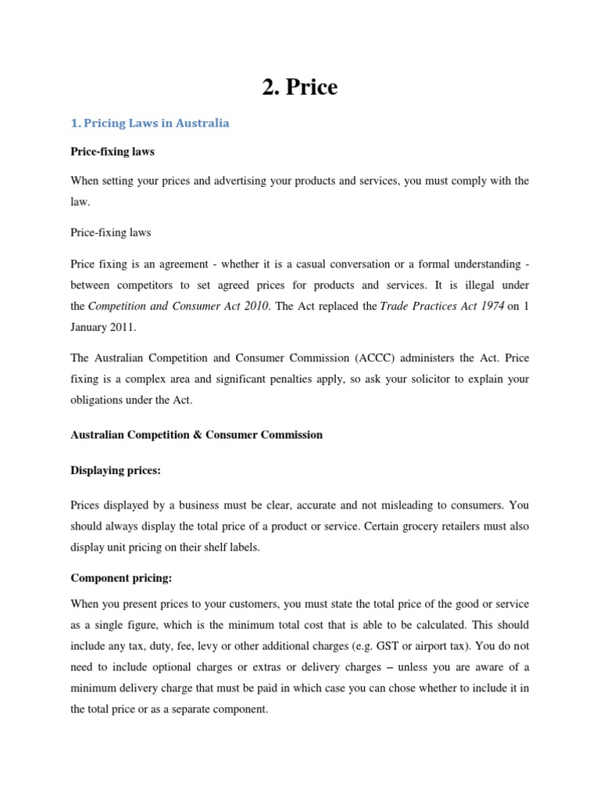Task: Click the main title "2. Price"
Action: tap(300, 88)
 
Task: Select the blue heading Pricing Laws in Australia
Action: tap(150, 124)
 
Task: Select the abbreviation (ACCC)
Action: tap(380, 357)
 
